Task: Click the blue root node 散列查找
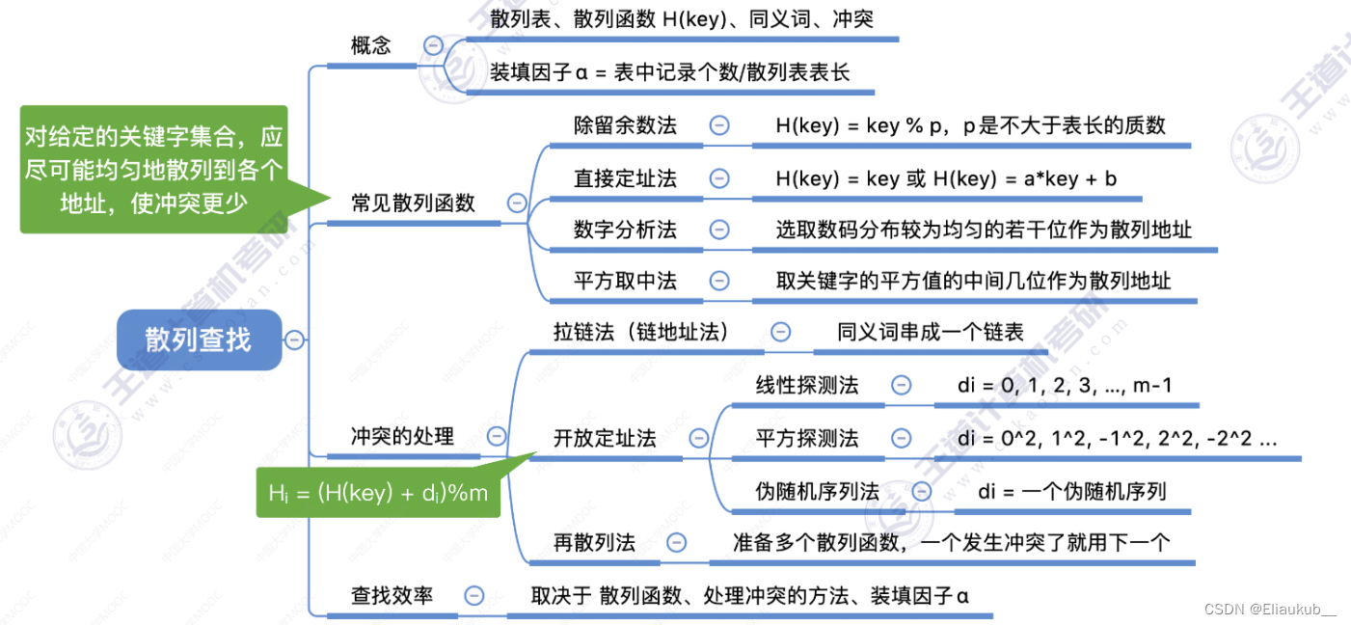pyautogui.click(x=199, y=340)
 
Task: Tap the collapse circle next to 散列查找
pyautogui.click(x=294, y=340)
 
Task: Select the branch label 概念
pyautogui.click(x=370, y=45)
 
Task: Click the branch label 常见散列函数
pyautogui.click(x=413, y=203)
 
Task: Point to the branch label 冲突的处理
pyautogui.click(x=402, y=436)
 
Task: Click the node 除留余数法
pyautogui.click(x=625, y=125)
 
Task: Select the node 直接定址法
pyautogui.click(x=625, y=177)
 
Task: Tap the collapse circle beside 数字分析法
pyautogui.click(x=719, y=230)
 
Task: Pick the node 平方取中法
pyautogui.click(x=625, y=281)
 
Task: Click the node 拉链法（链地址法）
pyautogui.click(x=640, y=332)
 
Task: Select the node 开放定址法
pyautogui.click(x=605, y=438)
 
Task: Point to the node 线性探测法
pyautogui.click(x=807, y=385)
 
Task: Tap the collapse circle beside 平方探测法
pyautogui.click(x=901, y=438)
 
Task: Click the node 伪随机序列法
pyautogui.click(x=817, y=491)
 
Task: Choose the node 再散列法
pyautogui.click(x=594, y=543)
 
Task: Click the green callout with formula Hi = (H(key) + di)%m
pyautogui.click(x=378, y=493)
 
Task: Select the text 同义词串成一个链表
pyautogui.click(x=930, y=332)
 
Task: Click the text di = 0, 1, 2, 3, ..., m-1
pyautogui.click(x=1064, y=385)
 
